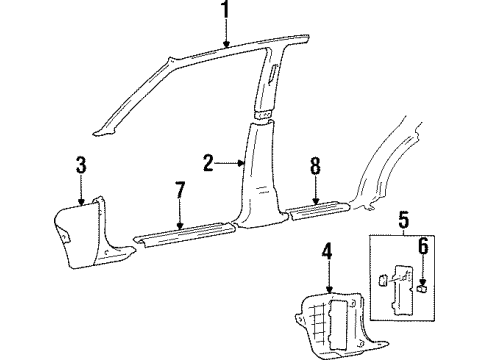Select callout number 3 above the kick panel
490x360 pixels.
(x=81, y=166)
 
